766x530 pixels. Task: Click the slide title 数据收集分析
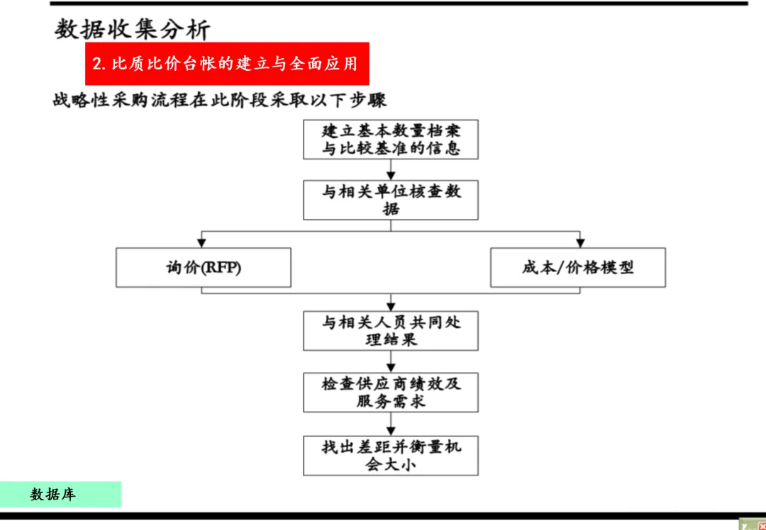point(133,29)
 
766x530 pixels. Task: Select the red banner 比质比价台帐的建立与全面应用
point(227,64)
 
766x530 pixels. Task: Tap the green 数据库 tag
point(60,494)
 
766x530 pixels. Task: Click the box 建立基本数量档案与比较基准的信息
point(391,140)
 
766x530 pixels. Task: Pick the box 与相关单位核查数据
point(391,200)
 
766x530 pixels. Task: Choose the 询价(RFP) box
point(204,267)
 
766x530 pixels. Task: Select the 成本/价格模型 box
point(577,267)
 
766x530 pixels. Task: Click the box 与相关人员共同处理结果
point(391,331)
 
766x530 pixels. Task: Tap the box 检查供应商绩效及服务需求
point(391,392)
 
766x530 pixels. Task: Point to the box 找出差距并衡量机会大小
point(391,456)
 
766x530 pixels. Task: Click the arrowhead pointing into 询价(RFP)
point(202,243)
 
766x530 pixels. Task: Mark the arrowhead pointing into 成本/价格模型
point(579,243)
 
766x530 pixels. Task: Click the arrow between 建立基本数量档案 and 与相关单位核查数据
point(391,170)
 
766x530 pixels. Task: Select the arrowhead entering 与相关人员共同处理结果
point(391,305)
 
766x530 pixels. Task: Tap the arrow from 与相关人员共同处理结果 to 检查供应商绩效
point(391,362)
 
